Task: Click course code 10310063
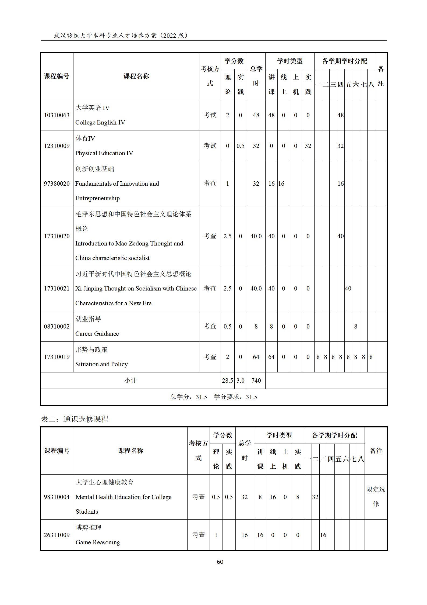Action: pyautogui.click(x=57, y=115)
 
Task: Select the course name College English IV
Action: pyautogui.click(x=100, y=123)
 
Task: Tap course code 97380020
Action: pyautogui.click(x=57, y=184)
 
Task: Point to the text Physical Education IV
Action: pyautogui.click(x=104, y=153)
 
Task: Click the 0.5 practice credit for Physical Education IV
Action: pyautogui.click(x=240, y=146)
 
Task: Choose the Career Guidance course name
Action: pyautogui.click(x=97, y=334)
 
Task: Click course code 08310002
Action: pyautogui.click(x=57, y=327)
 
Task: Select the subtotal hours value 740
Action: pyautogui.click(x=256, y=381)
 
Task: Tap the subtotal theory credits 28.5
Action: pyautogui.click(x=227, y=381)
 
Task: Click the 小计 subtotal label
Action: pyautogui.click(x=130, y=381)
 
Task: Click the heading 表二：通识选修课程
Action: pyautogui.click(x=75, y=419)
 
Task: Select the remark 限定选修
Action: pyautogui.click(x=376, y=497)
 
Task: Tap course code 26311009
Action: pyautogui.click(x=57, y=535)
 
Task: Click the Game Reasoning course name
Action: pyautogui.click(x=98, y=542)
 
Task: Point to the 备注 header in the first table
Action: pyautogui.click(x=380, y=76)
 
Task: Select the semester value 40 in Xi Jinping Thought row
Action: pyautogui.click(x=348, y=289)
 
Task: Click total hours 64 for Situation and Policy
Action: pyautogui.click(x=256, y=357)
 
